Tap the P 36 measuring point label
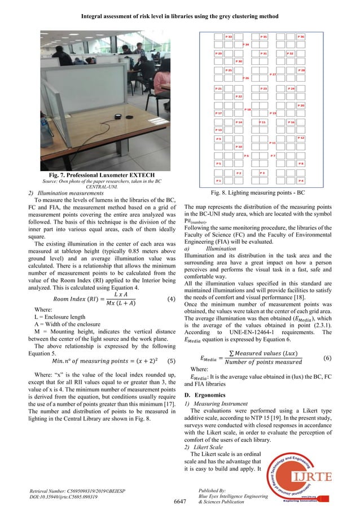301,37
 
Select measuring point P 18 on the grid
247,109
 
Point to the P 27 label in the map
273,74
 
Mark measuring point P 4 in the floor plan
301,181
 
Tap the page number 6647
179,500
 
